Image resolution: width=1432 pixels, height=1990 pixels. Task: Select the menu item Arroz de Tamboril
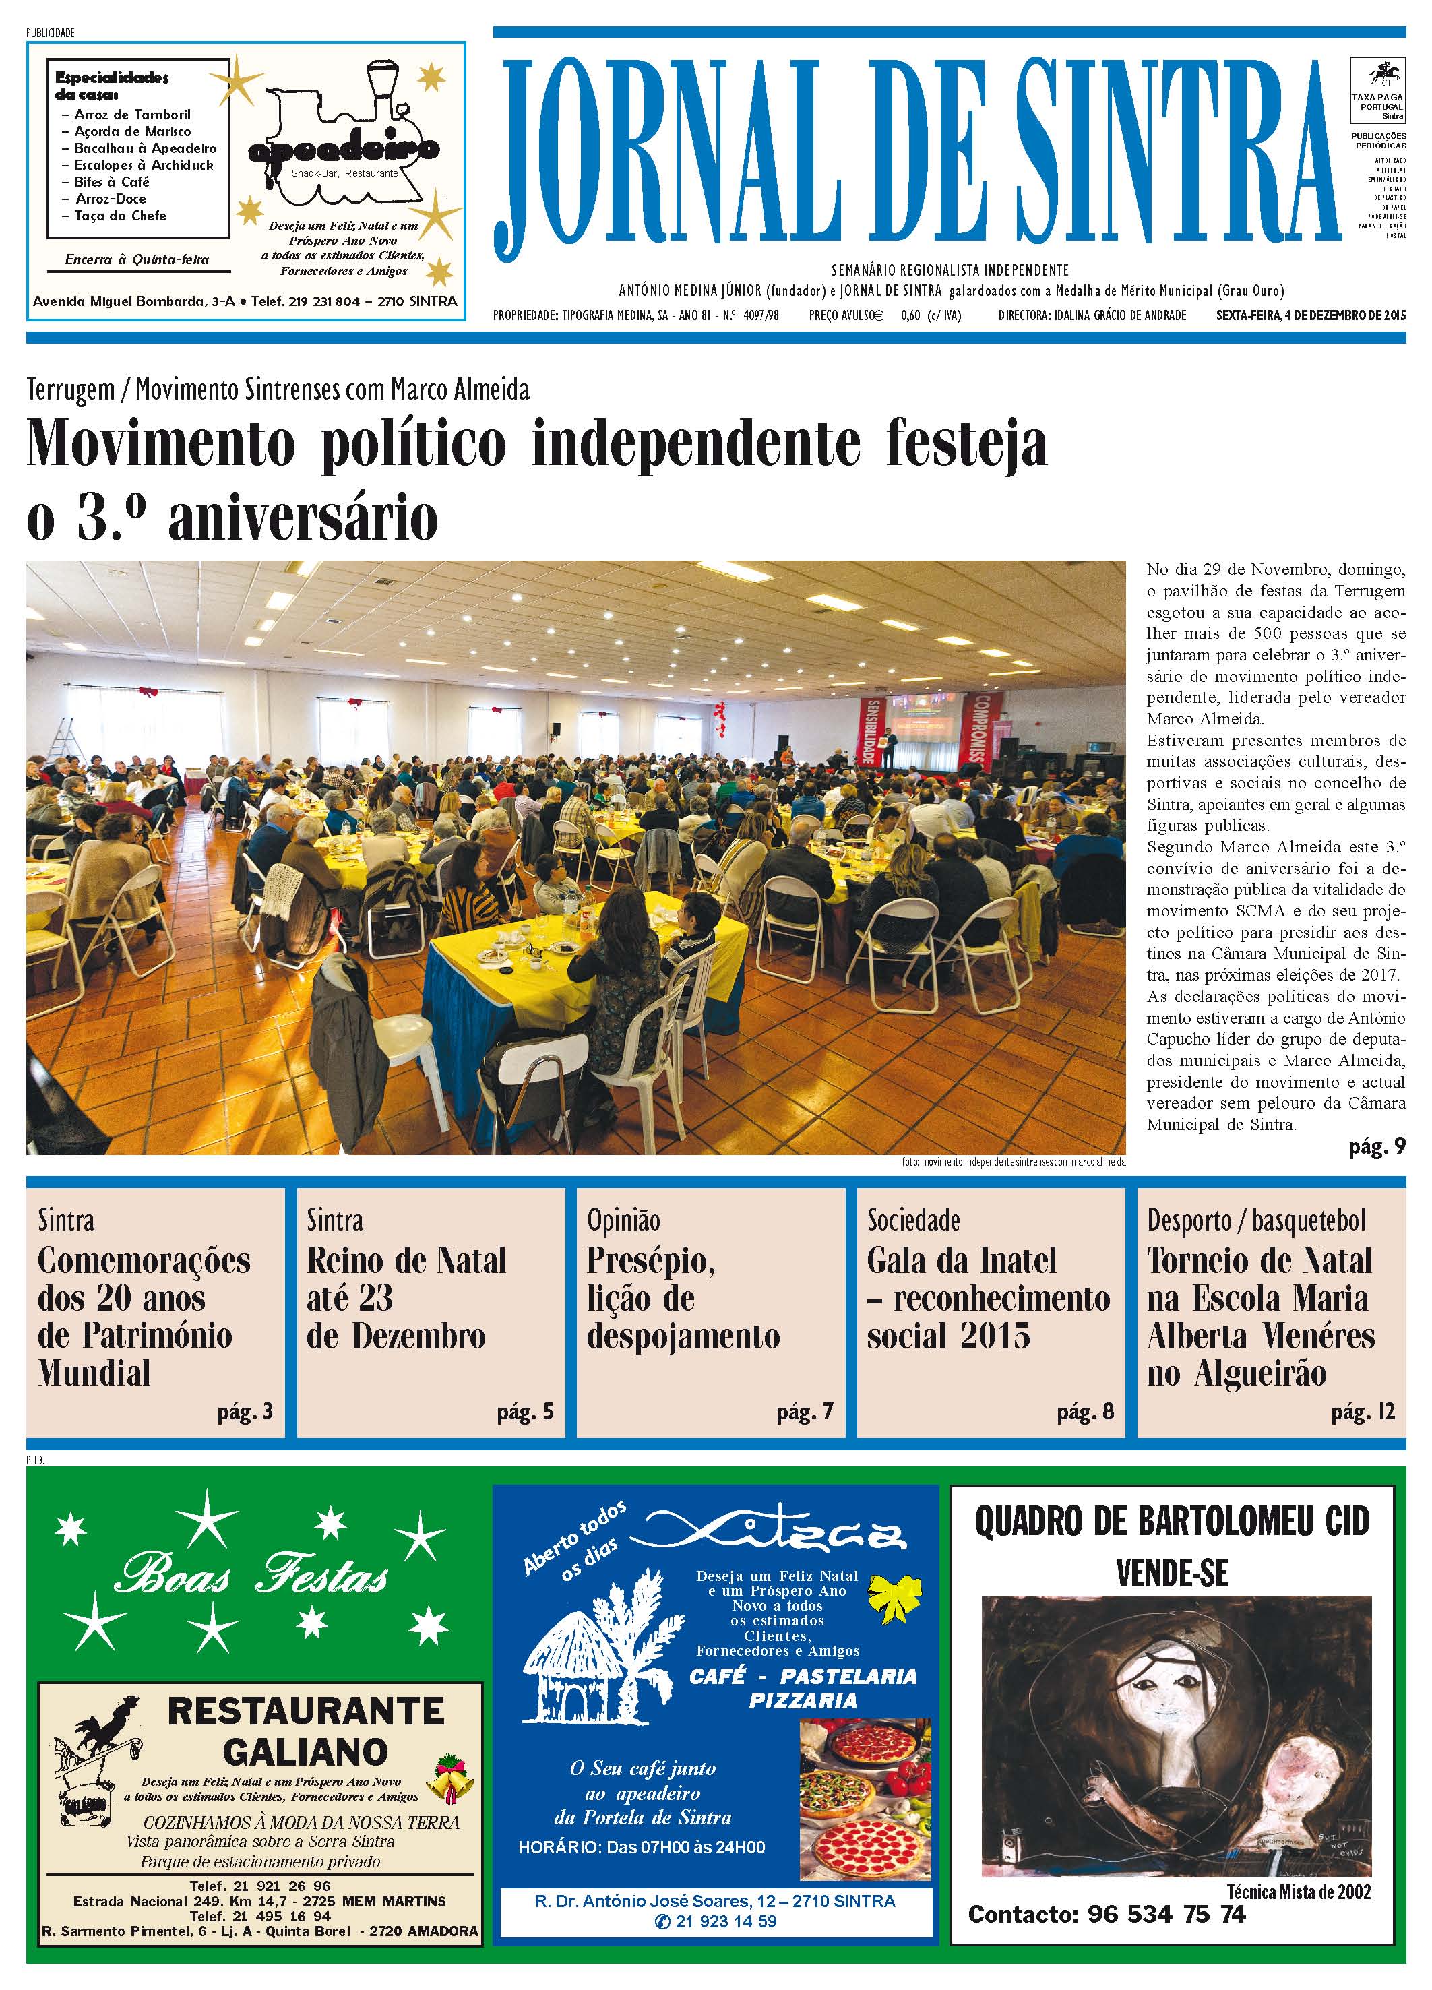coord(131,114)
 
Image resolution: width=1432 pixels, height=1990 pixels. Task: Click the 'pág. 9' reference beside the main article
coord(1376,1146)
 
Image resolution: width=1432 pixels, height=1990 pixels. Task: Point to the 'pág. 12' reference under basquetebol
coord(1362,1412)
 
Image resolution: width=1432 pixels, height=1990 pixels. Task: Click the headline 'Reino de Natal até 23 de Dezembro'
coord(406,1298)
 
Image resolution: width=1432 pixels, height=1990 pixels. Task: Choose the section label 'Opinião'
coord(623,1220)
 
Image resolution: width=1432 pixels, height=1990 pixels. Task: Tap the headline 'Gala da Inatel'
coord(961,1261)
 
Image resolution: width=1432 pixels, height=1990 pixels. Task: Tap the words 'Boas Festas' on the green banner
coord(252,1577)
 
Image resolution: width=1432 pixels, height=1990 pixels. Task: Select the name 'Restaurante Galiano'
coord(305,1731)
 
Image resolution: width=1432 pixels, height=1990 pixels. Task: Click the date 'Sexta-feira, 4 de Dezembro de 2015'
coord(1310,315)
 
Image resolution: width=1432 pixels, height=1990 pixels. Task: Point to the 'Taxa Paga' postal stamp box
coord(1377,90)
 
